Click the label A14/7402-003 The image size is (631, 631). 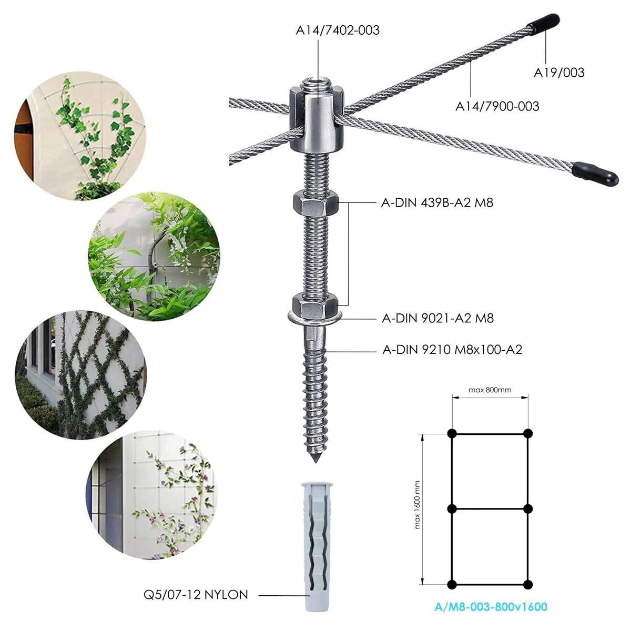(x=338, y=30)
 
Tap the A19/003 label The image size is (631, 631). (x=559, y=73)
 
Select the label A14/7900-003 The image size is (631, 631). (x=497, y=106)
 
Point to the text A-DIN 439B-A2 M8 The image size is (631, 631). (x=437, y=202)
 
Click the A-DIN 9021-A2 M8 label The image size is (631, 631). (x=438, y=318)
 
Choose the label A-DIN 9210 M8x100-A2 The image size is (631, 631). (x=452, y=350)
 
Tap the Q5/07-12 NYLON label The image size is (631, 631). (x=196, y=595)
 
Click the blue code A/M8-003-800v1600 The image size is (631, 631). (x=491, y=607)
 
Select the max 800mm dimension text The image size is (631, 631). (x=490, y=390)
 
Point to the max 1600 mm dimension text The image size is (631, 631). (x=417, y=505)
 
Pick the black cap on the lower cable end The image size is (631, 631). (x=595, y=174)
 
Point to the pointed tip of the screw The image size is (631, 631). (x=315, y=462)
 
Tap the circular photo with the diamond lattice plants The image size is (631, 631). (x=80, y=375)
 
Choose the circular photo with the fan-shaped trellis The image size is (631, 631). (x=80, y=136)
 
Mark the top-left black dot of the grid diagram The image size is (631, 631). (x=452, y=433)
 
